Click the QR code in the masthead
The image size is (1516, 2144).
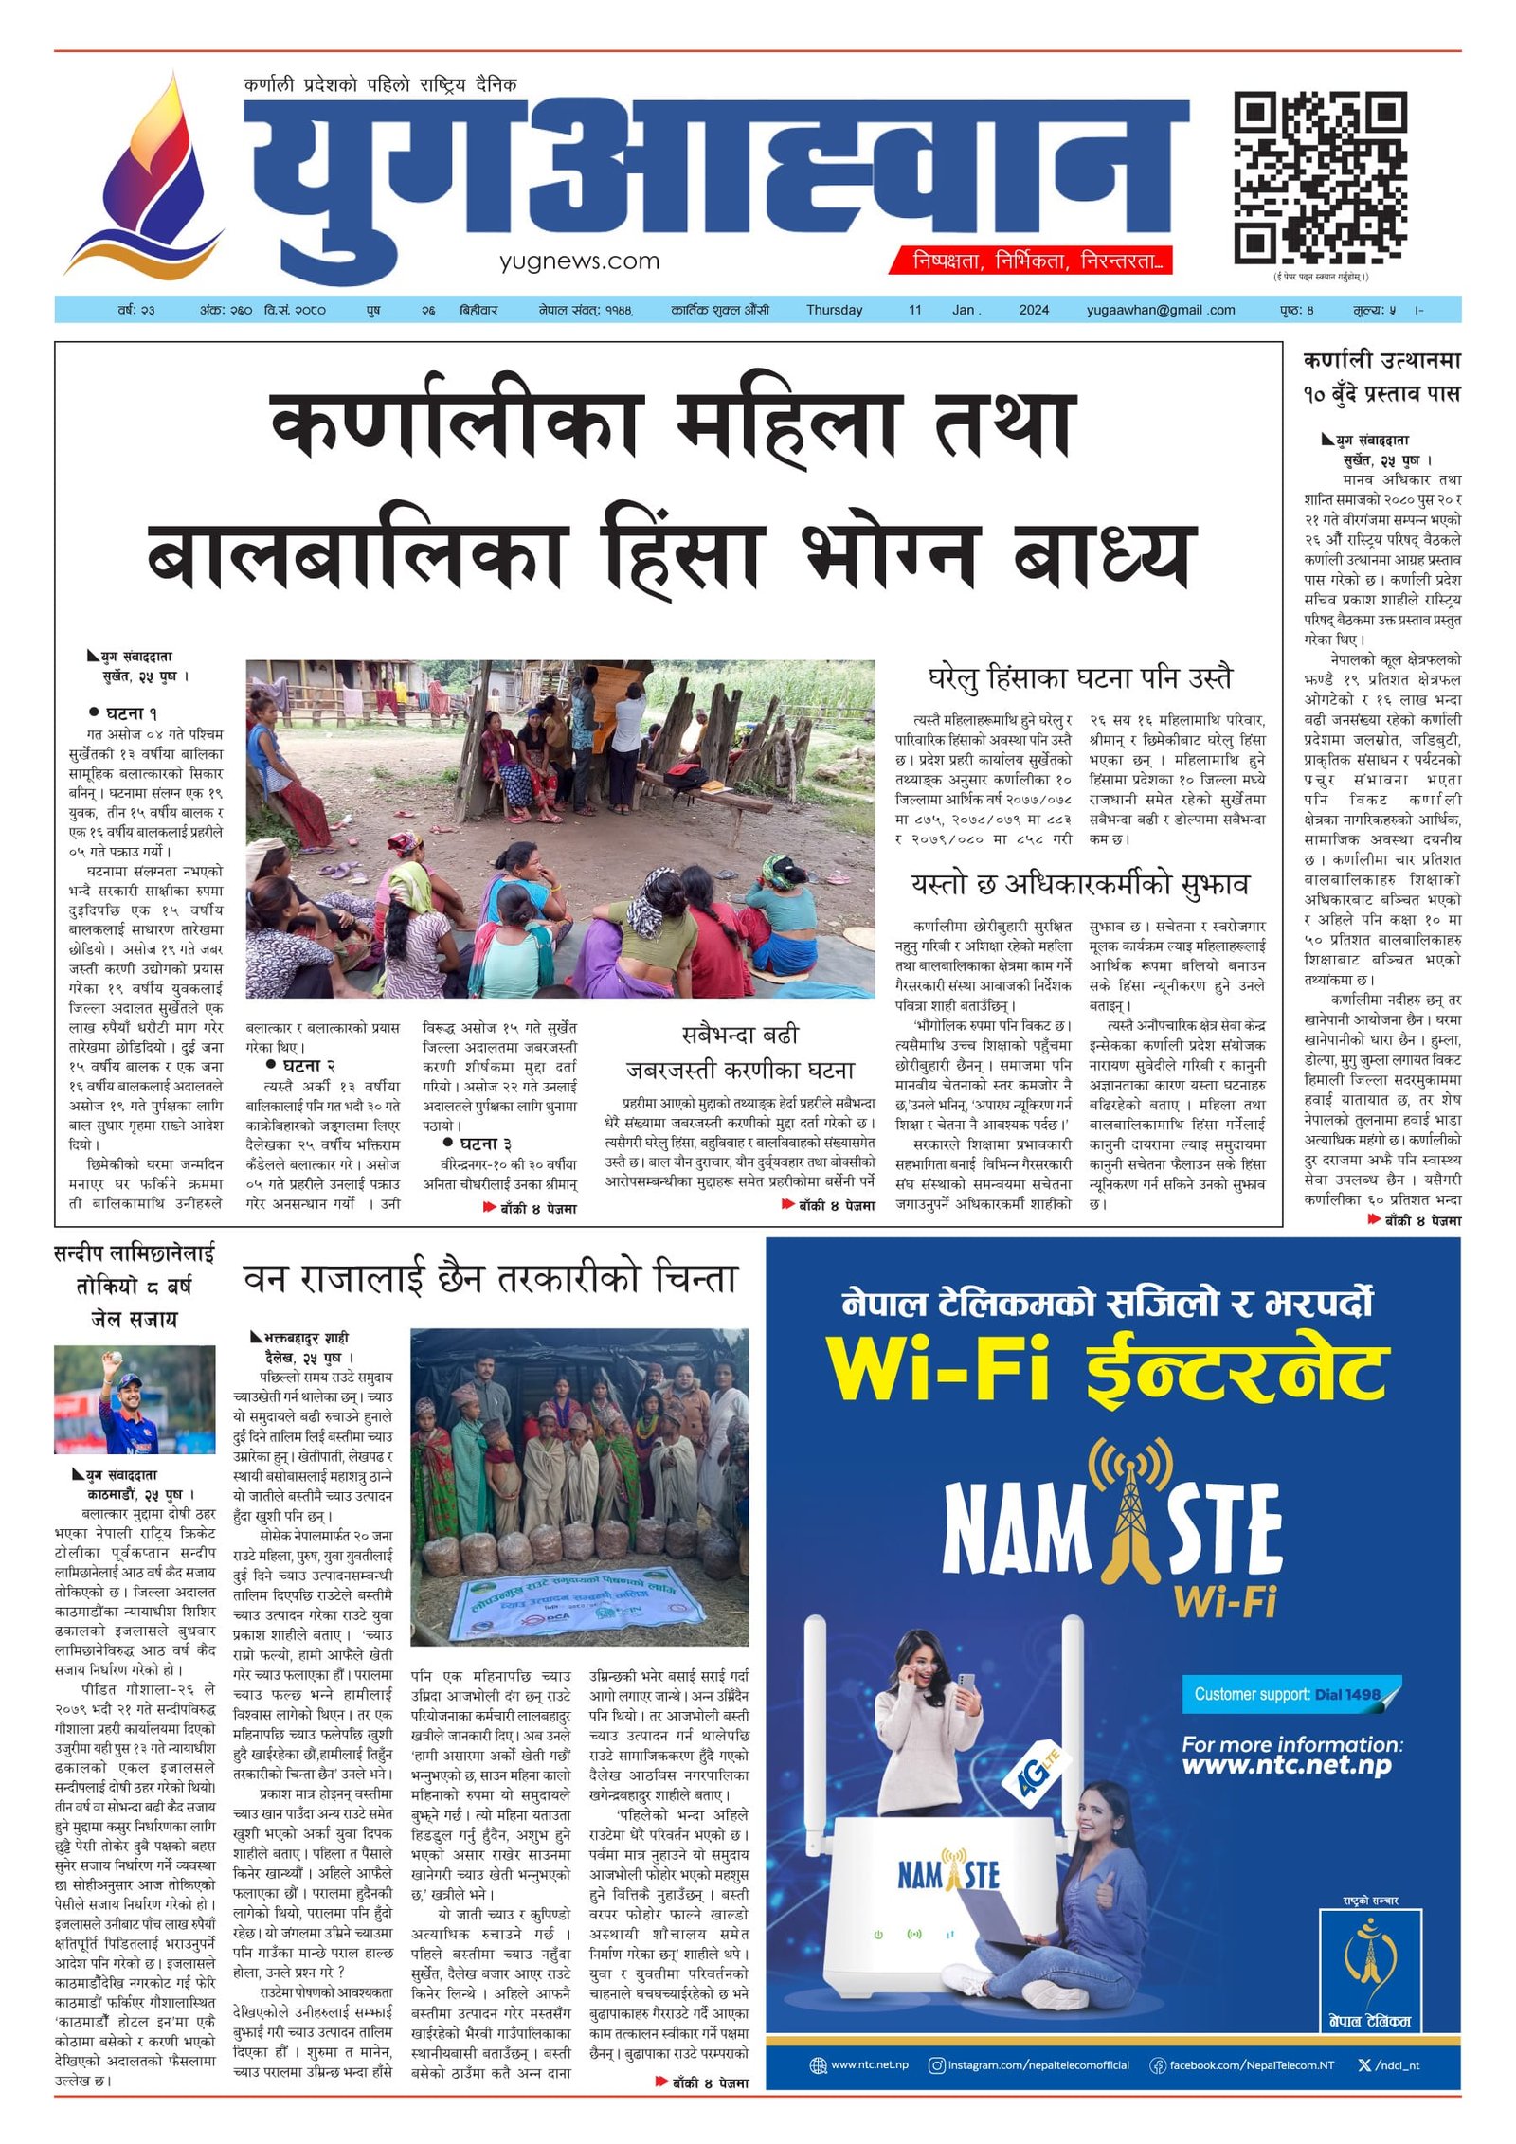pyautogui.click(x=1319, y=178)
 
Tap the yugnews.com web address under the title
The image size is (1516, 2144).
pyautogui.click(x=579, y=261)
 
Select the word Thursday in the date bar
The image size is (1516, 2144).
pyautogui.click(x=834, y=310)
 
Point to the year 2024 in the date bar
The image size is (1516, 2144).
pyautogui.click(x=1034, y=310)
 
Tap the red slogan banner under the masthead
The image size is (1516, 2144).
pyautogui.click(x=1030, y=261)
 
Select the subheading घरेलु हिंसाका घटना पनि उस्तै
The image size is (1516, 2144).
pyautogui.click(x=1080, y=678)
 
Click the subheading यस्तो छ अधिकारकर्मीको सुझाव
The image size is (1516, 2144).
pyautogui.click(x=1080, y=884)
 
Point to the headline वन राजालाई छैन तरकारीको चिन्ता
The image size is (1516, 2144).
pyautogui.click(x=490, y=1280)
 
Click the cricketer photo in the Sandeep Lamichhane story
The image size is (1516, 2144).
pyautogui.click(x=134, y=1400)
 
